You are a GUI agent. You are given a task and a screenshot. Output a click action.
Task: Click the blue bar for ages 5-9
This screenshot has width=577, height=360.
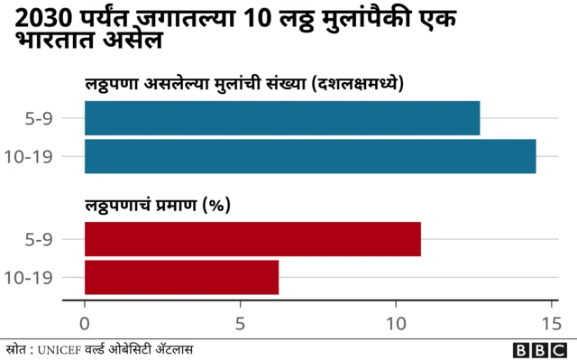(x=281, y=118)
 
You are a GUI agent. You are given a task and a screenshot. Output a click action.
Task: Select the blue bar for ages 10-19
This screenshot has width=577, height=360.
(x=309, y=156)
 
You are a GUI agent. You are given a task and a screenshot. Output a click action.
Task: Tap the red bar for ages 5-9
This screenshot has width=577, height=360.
(x=252, y=239)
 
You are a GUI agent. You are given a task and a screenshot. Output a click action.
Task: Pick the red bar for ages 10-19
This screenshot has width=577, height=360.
(x=181, y=277)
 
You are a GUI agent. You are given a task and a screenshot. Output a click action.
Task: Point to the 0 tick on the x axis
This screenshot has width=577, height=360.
(x=85, y=321)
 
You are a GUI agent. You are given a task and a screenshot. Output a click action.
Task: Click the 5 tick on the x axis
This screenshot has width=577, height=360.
(x=241, y=321)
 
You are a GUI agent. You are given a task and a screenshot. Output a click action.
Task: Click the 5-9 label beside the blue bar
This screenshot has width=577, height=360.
(x=40, y=118)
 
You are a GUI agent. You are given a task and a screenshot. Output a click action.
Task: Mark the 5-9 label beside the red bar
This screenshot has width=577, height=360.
(x=40, y=239)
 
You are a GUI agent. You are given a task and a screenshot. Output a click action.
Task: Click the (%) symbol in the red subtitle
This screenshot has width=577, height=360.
(x=215, y=205)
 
